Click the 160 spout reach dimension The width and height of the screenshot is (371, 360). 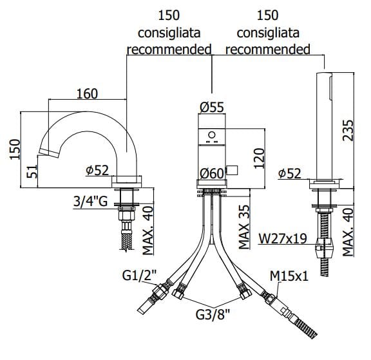tap(87, 93)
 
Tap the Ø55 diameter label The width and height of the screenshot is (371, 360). tap(211, 107)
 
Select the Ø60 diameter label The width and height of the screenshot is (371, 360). tap(211, 174)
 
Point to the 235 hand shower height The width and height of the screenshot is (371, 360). tap(348, 130)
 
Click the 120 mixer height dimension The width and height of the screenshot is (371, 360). tap(259, 158)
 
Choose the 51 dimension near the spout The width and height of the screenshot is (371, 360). tap(32, 171)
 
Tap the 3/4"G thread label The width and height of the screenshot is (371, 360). tap(90, 202)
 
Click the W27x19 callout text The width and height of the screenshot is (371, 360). tap(283, 238)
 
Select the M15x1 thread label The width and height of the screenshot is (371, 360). tap(289, 276)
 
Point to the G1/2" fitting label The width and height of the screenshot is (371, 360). tap(140, 276)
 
